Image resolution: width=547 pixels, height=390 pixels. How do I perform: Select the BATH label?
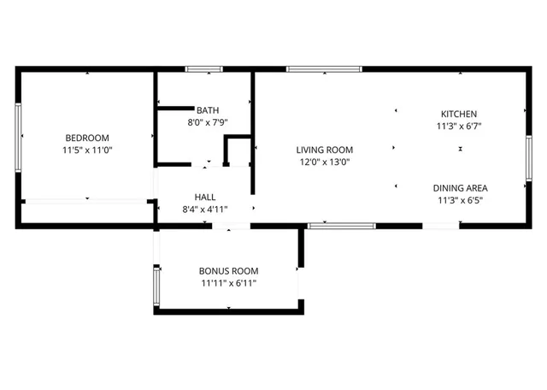tap(208, 110)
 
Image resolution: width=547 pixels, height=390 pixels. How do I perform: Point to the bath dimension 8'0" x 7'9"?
tap(208, 122)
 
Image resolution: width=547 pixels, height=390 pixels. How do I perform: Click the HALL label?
tap(205, 196)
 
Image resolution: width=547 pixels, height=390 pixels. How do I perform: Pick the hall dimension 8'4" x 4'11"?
tap(206, 209)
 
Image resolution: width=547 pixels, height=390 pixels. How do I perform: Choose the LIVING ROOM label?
tap(325, 150)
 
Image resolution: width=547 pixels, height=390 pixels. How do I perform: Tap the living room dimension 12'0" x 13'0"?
tap(325, 162)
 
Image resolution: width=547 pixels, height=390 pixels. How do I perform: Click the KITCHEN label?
tap(459, 114)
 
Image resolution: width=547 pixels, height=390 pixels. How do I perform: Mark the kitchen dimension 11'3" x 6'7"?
tap(459, 126)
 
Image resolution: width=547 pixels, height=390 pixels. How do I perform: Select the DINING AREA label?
tap(461, 188)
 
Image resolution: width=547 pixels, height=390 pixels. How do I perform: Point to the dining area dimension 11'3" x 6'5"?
tap(461, 201)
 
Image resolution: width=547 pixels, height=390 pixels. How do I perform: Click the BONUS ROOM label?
tap(229, 270)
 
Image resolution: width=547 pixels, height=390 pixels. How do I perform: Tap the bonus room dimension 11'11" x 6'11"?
tap(229, 283)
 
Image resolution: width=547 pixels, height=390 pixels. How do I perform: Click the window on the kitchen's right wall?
tap(528, 155)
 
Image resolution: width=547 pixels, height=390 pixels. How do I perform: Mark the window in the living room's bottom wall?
tap(341, 226)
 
